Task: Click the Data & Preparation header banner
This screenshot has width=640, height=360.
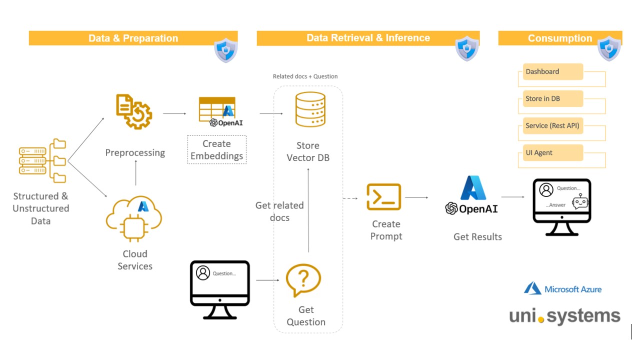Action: pos(133,38)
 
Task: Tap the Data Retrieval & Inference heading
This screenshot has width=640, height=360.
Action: pos(368,38)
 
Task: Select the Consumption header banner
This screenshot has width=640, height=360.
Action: pos(559,38)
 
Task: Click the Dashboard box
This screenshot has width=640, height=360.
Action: pos(553,72)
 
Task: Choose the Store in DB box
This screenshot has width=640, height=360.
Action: pos(553,99)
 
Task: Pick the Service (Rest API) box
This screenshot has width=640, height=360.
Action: pos(553,126)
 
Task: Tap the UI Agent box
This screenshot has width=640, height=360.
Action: pos(553,153)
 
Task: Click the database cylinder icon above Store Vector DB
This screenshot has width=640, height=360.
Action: pos(310,110)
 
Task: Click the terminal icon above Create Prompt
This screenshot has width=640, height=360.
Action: pos(384,197)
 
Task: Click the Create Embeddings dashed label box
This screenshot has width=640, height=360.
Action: pos(217,149)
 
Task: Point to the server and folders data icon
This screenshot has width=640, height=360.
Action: pos(42,160)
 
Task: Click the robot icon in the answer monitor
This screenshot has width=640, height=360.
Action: pos(579,201)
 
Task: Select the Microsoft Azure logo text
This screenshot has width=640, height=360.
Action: pos(562,289)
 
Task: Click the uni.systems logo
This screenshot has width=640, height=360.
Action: pos(564,316)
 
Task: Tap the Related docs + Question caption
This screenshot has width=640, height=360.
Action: pos(305,76)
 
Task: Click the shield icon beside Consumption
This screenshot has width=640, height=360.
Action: pos(609,48)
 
